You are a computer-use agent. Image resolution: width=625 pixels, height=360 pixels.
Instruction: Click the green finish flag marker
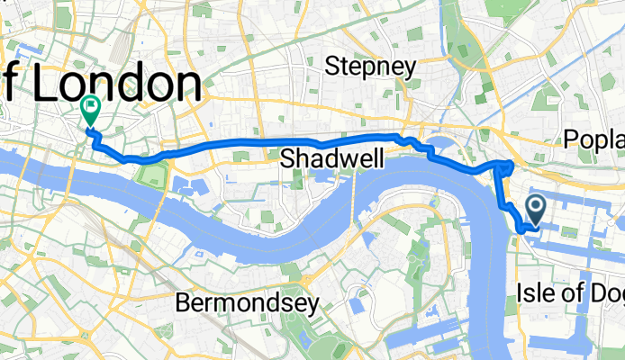(x=91, y=111)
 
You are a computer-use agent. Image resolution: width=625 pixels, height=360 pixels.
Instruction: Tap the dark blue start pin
(x=534, y=210)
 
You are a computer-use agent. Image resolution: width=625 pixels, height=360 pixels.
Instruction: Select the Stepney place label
(x=371, y=66)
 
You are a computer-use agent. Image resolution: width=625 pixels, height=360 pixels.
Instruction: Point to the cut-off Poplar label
(x=594, y=138)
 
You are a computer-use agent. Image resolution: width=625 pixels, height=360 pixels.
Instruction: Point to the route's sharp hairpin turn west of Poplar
(x=512, y=163)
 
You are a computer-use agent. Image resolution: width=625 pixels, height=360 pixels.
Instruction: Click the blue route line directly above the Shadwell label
(x=332, y=140)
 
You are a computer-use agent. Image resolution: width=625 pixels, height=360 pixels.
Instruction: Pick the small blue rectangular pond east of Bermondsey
(x=353, y=306)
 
